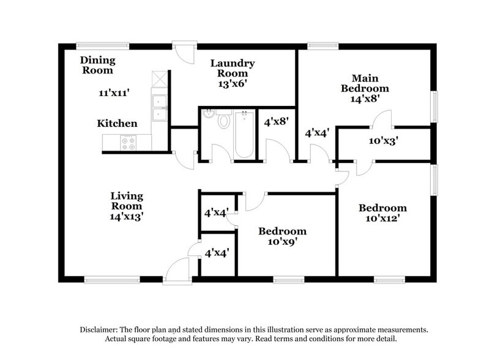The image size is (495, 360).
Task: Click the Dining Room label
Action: click(x=97, y=66)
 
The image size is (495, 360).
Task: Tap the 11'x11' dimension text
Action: click(x=114, y=93)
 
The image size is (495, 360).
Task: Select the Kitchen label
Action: click(x=117, y=124)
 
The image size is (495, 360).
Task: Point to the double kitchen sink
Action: click(x=159, y=107)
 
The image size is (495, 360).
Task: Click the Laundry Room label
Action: click(x=233, y=69)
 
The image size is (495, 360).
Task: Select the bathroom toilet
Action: click(x=223, y=120)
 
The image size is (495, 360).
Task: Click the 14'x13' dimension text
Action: click(x=127, y=216)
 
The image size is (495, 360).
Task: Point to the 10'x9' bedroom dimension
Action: click(x=281, y=241)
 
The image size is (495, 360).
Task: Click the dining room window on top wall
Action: click(x=103, y=45)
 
